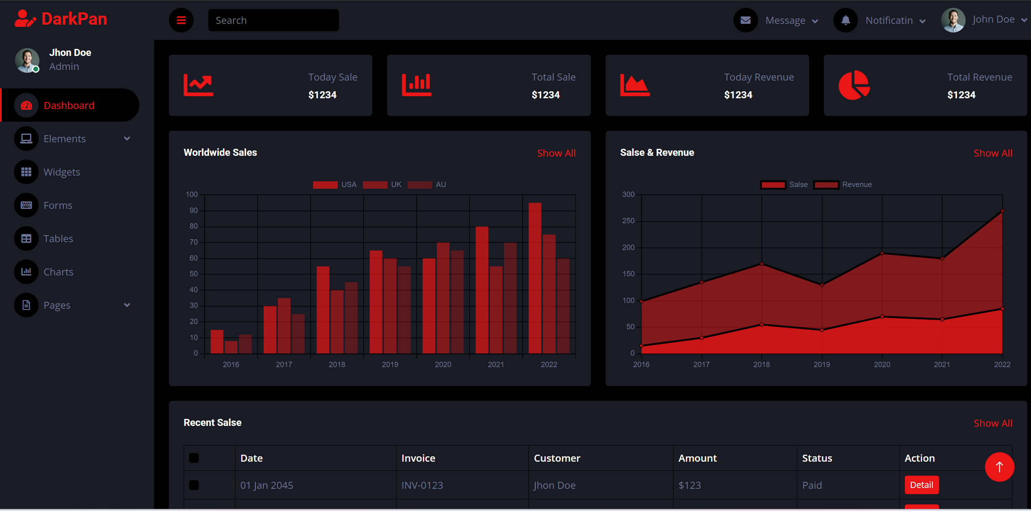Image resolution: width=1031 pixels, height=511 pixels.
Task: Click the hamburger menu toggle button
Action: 181,20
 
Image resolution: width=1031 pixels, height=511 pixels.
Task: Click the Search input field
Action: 273,20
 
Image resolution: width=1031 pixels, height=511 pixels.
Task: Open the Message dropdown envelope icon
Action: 745,20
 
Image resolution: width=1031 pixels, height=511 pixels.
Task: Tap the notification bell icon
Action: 845,20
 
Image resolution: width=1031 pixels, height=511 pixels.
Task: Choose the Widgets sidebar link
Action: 62,172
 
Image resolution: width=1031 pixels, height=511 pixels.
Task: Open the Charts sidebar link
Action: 58,272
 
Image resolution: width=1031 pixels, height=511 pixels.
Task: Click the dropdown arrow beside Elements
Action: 127,139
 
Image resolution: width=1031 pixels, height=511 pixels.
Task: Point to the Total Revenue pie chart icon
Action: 854,85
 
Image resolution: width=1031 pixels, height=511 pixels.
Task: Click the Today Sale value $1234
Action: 323,95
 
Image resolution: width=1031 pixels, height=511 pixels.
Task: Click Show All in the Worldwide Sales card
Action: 556,153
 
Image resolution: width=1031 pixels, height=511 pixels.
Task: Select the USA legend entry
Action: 334,185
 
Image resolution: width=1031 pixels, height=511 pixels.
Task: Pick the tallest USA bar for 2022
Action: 535,278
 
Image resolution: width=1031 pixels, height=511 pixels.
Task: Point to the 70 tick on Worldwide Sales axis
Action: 194,242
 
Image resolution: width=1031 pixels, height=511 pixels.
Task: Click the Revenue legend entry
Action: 843,185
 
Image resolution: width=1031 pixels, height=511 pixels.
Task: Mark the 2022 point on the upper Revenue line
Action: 1002,211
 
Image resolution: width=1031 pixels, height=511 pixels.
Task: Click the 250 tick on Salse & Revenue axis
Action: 628,221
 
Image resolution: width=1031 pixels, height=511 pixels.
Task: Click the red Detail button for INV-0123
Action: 922,485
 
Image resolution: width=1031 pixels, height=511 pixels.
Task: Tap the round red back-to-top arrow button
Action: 999,467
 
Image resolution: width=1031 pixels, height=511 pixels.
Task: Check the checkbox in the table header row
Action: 194,458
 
